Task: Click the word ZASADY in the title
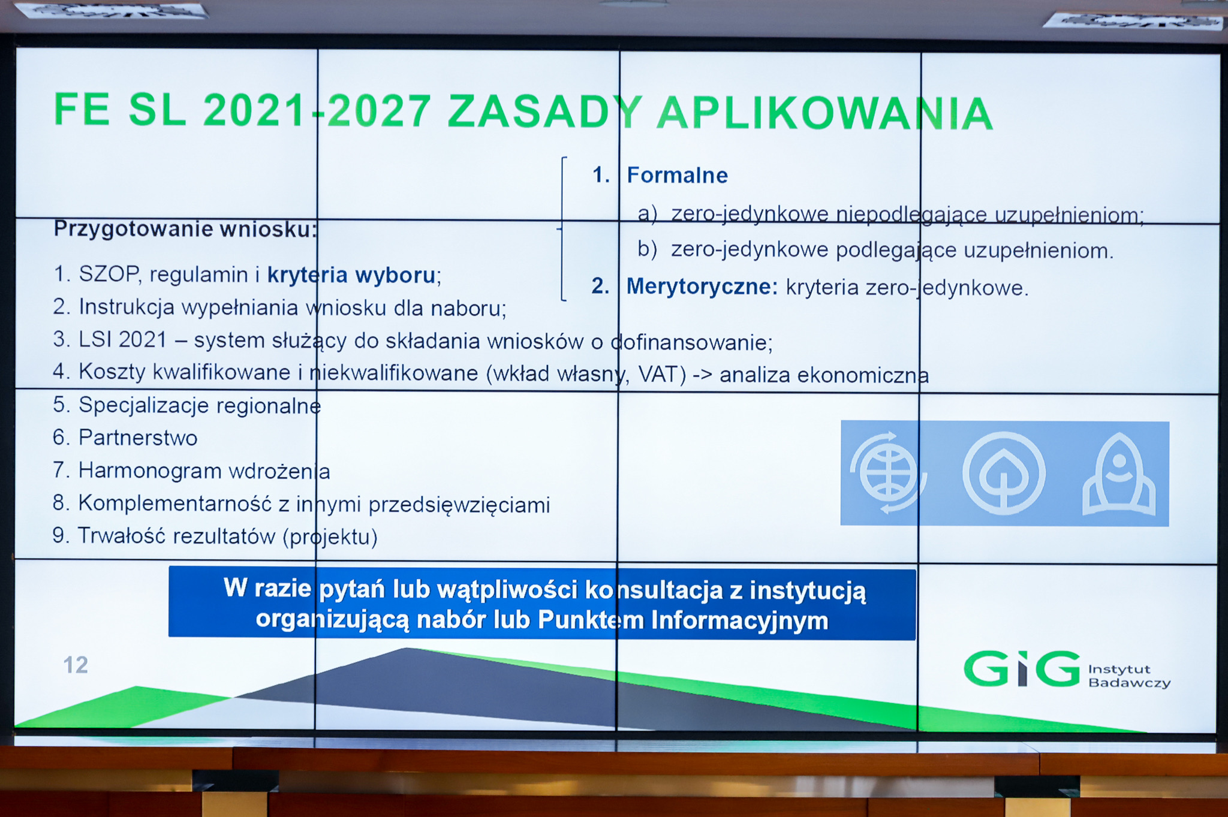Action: tap(544, 111)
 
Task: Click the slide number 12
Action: tap(76, 665)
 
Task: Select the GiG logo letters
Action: tap(1022, 669)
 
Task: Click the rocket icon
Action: tap(1118, 474)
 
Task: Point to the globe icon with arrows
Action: tap(888, 473)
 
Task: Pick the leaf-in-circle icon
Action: tap(1004, 474)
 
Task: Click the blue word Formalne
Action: tap(677, 175)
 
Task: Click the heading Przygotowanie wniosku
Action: tap(185, 229)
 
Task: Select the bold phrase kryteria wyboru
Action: tap(351, 275)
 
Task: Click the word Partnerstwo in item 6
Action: tap(138, 438)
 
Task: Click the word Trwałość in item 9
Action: tap(121, 535)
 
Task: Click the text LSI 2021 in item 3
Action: tap(122, 339)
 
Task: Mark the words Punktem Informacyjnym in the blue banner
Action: tap(683, 620)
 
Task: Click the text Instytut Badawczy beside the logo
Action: tap(1129, 676)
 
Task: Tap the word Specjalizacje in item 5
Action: tap(143, 405)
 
